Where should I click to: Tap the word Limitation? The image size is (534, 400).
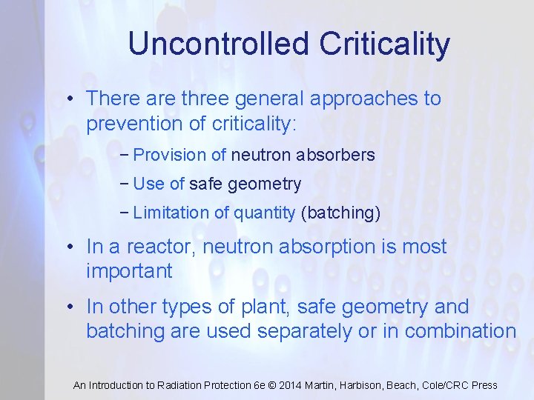point(171,213)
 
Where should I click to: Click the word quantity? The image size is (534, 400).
point(265,213)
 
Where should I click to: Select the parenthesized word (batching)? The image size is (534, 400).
point(340,213)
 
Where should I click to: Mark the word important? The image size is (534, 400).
point(129,271)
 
